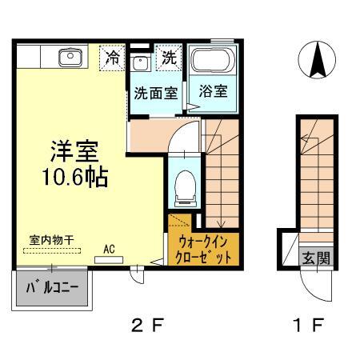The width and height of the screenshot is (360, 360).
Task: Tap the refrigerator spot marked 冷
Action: point(113,58)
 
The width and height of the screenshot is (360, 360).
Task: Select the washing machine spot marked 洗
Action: point(170,58)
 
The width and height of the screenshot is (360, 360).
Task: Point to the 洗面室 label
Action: point(155,91)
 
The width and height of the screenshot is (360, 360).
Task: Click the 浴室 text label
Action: point(213,91)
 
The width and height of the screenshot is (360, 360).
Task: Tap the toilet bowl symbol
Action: point(184,185)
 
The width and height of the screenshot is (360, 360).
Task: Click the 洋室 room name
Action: point(75,149)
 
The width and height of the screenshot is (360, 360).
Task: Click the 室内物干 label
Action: point(47,239)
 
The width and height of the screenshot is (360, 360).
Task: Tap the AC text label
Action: point(109,248)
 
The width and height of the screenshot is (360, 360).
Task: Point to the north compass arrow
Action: point(316,60)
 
